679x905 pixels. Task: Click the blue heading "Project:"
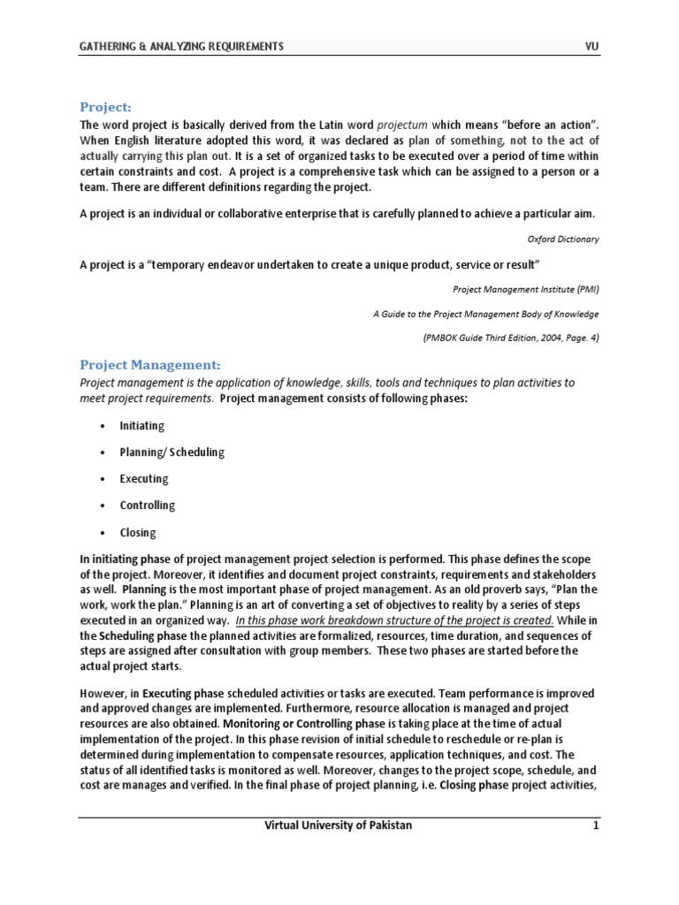coord(105,107)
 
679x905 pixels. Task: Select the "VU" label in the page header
coord(591,47)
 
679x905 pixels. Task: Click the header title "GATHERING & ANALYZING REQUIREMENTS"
coord(182,47)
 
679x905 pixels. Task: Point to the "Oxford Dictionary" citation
coord(563,240)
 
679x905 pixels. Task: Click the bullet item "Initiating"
coord(142,426)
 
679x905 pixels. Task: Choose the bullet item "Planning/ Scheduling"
coord(172,452)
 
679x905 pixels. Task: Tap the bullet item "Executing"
coord(144,479)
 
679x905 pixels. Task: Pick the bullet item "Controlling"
coord(148,506)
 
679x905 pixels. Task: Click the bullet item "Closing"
coord(138,533)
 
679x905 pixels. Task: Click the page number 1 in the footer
coord(596,826)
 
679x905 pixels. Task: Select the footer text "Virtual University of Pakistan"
coord(339,826)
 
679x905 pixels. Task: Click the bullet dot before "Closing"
coord(103,533)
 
